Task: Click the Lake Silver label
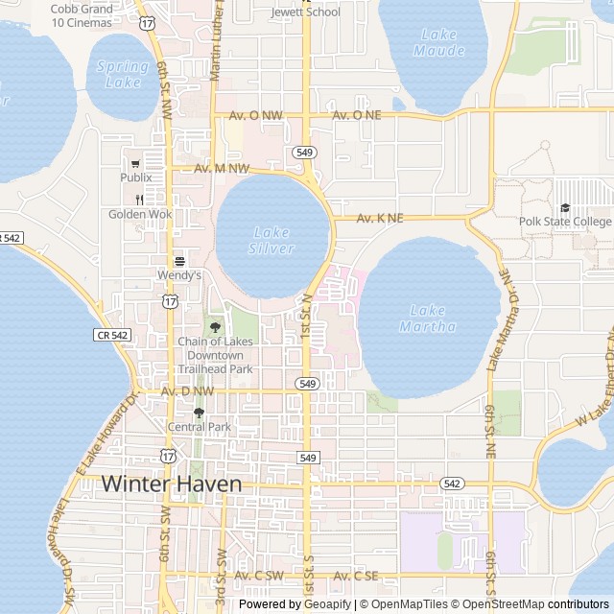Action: click(x=272, y=240)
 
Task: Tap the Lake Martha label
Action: click(x=427, y=318)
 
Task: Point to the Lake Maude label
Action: click(x=441, y=42)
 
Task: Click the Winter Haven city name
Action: click(x=172, y=484)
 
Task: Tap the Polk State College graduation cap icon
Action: click(x=564, y=208)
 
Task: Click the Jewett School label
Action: click(x=305, y=12)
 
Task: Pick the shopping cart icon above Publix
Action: click(x=135, y=163)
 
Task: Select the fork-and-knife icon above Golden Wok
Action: click(x=140, y=200)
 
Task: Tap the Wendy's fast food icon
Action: click(x=178, y=261)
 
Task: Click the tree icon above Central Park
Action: click(x=200, y=413)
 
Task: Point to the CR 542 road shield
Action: click(x=113, y=335)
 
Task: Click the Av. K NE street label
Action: click(x=380, y=219)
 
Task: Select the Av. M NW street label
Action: click(x=222, y=169)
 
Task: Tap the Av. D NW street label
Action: click(x=188, y=391)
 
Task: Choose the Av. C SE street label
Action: click(x=354, y=576)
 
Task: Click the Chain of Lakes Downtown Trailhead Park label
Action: click(x=215, y=355)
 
